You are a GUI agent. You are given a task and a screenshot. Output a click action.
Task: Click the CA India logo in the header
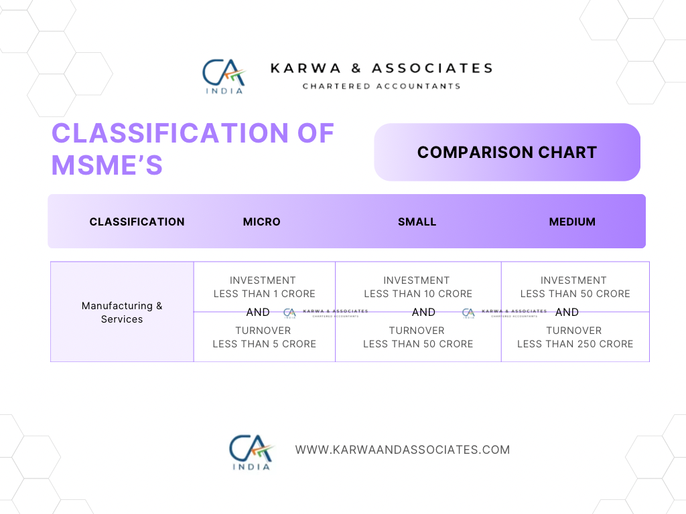click(x=224, y=76)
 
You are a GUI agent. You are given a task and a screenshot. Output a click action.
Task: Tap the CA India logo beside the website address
click(x=251, y=452)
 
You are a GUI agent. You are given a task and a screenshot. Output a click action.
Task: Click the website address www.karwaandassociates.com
click(x=403, y=450)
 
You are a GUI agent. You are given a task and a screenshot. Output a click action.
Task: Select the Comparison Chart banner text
click(x=507, y=152)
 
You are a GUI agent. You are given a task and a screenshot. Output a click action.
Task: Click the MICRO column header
click(x=262, y=222)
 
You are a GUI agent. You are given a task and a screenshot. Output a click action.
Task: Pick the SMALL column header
click(x=417, y=222)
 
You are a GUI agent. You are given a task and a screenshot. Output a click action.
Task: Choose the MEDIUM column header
click(x=572, y=222)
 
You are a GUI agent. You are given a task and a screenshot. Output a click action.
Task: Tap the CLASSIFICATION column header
click(x=137, y=222)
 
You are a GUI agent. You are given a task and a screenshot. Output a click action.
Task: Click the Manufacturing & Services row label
click(x=122, y=312)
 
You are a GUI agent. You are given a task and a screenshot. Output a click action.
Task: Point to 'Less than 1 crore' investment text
click(x=264, y=294)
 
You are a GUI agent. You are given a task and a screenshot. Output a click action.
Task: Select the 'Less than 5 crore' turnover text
click(x=264, y=344)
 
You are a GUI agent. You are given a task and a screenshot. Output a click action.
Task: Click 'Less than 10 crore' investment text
click(x=418, y=294)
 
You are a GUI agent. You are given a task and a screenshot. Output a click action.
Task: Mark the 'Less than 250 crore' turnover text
click(x=575, y=344)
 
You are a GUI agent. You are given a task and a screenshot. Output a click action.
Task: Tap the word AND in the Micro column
click(x=258, y=312)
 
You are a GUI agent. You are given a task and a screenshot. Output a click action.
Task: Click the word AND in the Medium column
click(x=567, y=312)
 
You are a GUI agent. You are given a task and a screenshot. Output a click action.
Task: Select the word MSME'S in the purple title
click(x=107, y=165)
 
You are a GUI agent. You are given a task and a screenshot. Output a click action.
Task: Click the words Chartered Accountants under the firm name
click(x=381, y=86)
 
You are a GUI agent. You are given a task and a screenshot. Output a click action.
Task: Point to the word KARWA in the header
click(x=305, y=68)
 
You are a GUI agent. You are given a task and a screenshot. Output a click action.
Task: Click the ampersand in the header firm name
click(x=356, y=68)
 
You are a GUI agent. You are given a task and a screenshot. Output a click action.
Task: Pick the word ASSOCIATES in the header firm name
click(x=432, y=68)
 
